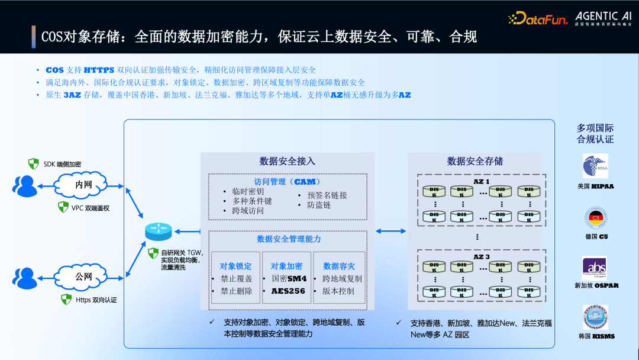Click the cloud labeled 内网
(x=83, y=185)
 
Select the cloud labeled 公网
(x=83, y=277)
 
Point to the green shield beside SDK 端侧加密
(x=34, y=163)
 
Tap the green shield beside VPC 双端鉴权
(x=63, y=207)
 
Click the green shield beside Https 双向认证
(x=67, y=299)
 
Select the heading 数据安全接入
(x=288, y=161)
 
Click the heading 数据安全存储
(x=475, y=161)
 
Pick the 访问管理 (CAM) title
(x=288, y=182)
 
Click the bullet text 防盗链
(x=319, y=205)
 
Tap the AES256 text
(x=288, y=291)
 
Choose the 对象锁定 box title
(x=235, y=266)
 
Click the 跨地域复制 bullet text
(x=342, y=278)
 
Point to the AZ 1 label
(x=481, y=181)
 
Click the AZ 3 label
(x=481, y=256)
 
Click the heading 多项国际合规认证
(x=595, y=133)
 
